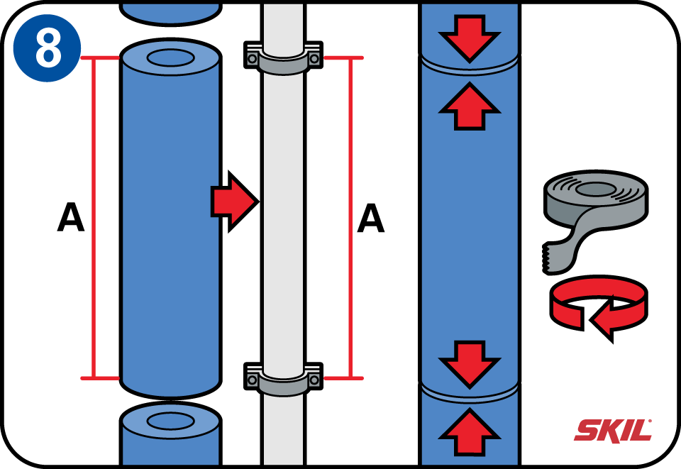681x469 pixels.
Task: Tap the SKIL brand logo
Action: [612, 430]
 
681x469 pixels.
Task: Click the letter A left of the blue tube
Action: [70, 218]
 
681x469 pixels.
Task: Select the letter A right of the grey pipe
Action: [370, 219]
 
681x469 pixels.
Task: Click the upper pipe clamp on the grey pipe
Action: [284, 59]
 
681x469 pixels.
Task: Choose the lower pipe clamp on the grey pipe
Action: [284, 377]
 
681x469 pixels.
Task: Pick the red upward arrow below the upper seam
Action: [470, 106]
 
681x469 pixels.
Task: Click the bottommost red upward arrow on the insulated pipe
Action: [470, 431]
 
